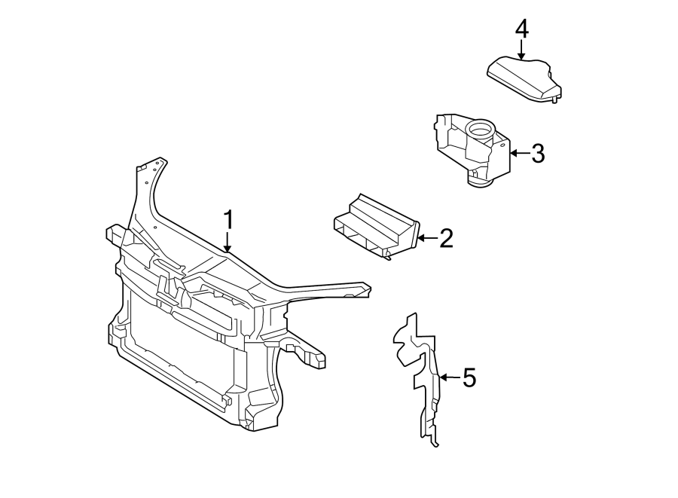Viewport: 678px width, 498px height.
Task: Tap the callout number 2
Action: click(x=445, y=239)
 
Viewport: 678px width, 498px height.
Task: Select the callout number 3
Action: click(x=536, y=153)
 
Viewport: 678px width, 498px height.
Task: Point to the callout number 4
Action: click(x=521, y=29)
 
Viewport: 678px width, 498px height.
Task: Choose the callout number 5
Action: click(x=469, y=377)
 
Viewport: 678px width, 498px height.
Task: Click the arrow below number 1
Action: click(x=228, y=243)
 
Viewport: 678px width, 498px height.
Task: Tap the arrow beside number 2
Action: click(x=426, y=239)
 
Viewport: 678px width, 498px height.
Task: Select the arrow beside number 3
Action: click(x=518, y=153)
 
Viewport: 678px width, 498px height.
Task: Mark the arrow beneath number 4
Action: click(x=521, y=50)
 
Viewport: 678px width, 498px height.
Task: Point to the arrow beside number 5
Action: click(x=449, y=377)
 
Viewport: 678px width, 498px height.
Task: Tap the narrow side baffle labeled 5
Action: click(x=422, y=377)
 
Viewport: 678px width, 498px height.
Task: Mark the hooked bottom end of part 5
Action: click(x=434, y=441)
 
